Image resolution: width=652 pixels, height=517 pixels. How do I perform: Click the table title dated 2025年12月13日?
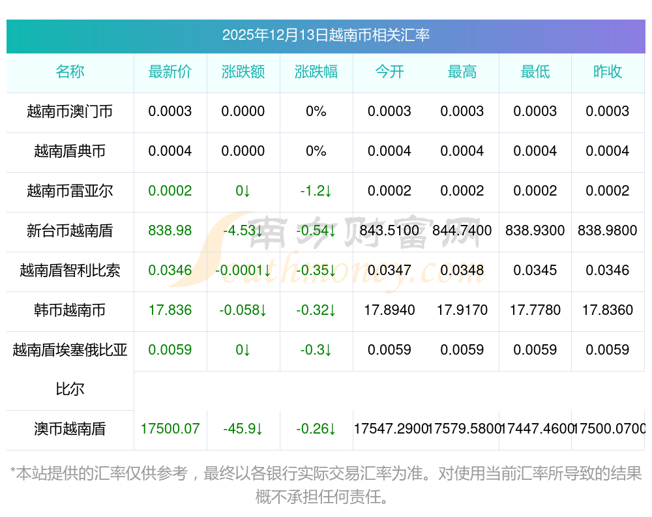coord(325,35)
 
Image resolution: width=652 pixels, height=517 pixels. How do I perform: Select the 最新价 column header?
coord(170,72)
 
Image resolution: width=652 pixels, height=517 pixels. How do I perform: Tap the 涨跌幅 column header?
coord(316,72)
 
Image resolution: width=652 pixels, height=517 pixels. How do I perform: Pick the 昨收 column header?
coord(608,72)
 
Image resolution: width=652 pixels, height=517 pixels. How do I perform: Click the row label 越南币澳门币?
coord(70,111)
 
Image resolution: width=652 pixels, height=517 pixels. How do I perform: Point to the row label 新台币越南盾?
coord(70,231)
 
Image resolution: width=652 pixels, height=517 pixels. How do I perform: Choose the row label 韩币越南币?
coord(70,310)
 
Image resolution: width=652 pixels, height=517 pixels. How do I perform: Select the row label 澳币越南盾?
coord(70,430)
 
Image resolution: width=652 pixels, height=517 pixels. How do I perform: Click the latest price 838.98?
coord(170,231)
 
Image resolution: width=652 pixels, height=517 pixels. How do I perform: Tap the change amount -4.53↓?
coord(243,231)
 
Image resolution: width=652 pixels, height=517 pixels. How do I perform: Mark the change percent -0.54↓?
coord(316,231)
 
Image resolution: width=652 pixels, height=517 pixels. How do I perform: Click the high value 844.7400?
coord(462,231)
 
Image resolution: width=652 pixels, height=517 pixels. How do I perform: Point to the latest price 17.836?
coord(170,310)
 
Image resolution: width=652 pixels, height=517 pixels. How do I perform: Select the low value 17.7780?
coord(535,310)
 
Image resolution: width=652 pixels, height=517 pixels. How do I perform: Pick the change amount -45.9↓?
coord(243,430)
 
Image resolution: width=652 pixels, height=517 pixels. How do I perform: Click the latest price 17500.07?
coord(170,430)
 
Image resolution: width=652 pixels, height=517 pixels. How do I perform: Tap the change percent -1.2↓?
coord(316,191)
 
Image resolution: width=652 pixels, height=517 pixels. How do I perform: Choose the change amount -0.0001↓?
coord(243,271)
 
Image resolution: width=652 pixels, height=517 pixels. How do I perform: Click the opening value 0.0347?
coord(389,271)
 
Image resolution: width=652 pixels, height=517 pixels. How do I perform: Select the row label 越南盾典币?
coord(70,151)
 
